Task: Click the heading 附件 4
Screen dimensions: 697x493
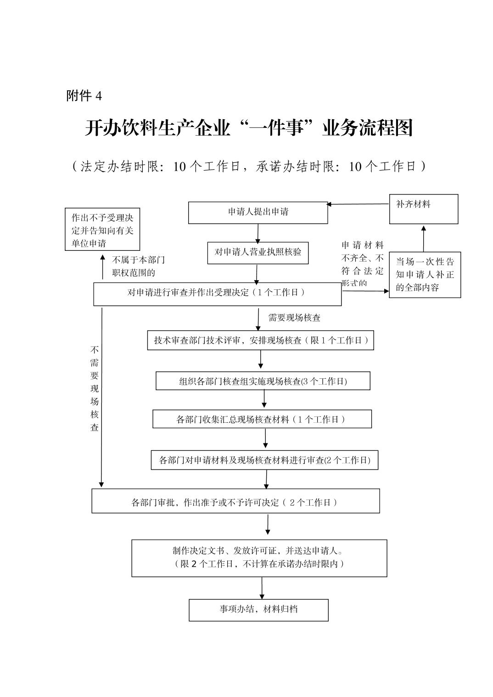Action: pos(84,96)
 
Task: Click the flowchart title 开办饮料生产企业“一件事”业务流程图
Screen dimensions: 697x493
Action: pos(248,128)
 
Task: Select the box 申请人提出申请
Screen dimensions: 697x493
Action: pos(258,212)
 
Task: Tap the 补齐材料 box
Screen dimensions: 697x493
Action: pos(423,209)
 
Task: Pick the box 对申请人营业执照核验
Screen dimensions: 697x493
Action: pos(258,253)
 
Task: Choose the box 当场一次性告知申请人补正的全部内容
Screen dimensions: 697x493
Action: pos(425,275)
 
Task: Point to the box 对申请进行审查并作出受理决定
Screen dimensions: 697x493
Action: pos(217,293)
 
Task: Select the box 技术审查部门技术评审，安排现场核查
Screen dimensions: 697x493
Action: pos(260,340)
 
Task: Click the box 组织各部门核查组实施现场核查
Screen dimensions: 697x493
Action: pos(263,381)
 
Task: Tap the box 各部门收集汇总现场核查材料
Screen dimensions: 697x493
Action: pos(262,419)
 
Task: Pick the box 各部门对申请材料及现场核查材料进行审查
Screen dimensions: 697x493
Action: pos(264,460)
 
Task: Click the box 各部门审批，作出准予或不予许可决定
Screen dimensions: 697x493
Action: pos(235,501)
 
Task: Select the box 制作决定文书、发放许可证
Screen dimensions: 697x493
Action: pos(259,558)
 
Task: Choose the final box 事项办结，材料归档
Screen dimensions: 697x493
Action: pos(258,610)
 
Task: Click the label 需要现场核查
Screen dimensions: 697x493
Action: pos(294,317)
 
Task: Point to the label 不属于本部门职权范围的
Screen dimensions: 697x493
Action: pos(138,266)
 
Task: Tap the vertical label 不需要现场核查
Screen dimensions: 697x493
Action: pos(95,388)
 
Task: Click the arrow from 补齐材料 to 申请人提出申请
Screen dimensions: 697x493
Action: pos(358,204)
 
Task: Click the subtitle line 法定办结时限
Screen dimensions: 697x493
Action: pos(248,166)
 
